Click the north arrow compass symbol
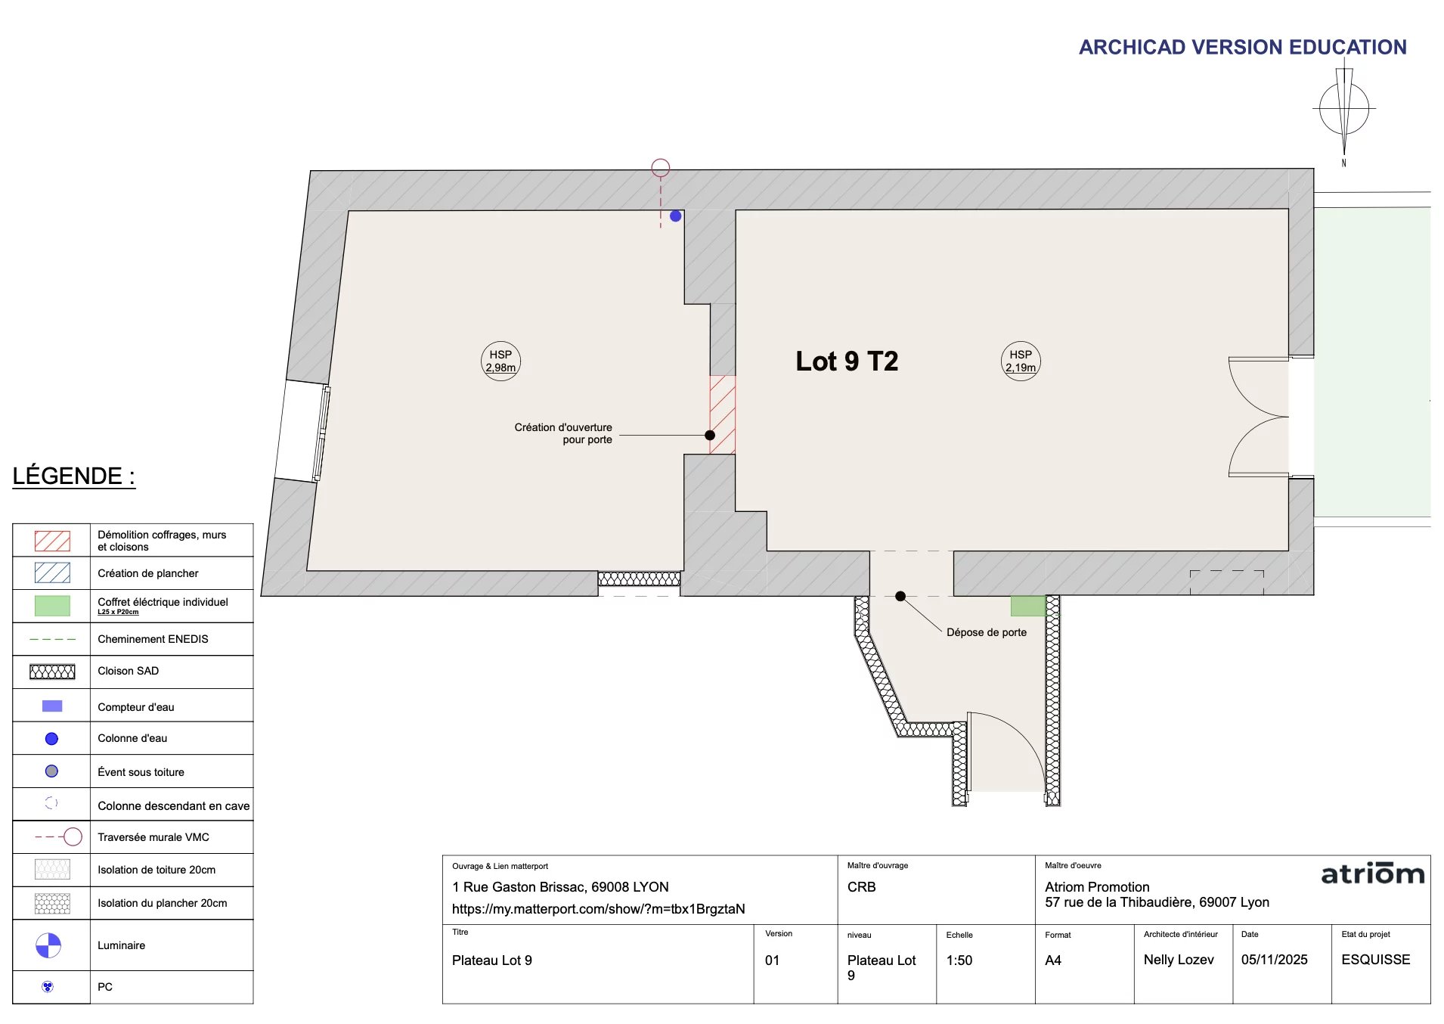pyautogui.click(x=1343, y=110)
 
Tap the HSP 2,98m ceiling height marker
pyautogui.click(x=500, y=361)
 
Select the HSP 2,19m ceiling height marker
pyautogui.click(x=1021, y=361)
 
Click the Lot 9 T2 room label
pyautogui.click(x=847, y=361)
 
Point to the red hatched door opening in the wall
pyautogui.click(x=722, y=414)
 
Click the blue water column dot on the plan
pyautogui.click(x=676, y=216)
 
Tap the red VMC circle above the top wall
pyautogui.click(x=661, y=167)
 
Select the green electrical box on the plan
pyautogui.click(x=1028, y=606)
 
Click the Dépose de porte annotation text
pyautogui.click(x=987, y=632)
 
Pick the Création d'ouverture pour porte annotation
pyautogui.click(x=563, y=433)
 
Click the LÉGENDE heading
pyautogui.click(x=73, y=476)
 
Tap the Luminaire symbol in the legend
pyautogui.click(x=48, y=945)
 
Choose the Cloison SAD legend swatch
pyautogui.click(x=52, y=672)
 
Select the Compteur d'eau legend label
pyautogui.click(x=136, y=707)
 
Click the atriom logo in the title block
pyautogui.click(x=1372, y=874)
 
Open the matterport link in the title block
pyautogui.click(x=599, y=909)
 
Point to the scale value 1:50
pyautogui.click(x=959, y=960)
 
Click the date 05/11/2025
pyautogui.click(x=1275, y=960)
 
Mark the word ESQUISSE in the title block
pyautogui.click(x=1376, y=960)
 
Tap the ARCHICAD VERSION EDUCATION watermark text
pyautogui.click(x=1243, y=47)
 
